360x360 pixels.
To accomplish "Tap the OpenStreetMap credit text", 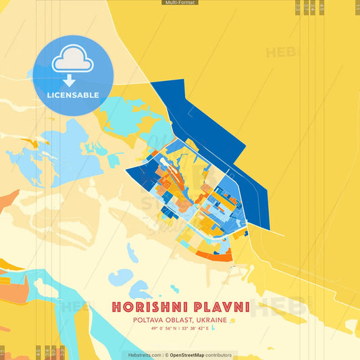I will [x=187, y=355].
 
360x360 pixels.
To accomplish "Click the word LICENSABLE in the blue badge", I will [x=73, y=95].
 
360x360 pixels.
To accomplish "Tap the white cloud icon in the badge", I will [x=73, y=60].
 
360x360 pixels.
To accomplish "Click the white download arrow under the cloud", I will [x=73, y=80].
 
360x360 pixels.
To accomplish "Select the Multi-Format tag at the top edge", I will [x=180, y=3].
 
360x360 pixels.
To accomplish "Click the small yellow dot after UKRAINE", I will [x=232, y=321].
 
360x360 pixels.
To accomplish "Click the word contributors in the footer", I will [x=219, y=355].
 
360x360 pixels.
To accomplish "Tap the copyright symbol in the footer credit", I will [x=166, y=355].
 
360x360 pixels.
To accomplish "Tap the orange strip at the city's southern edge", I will [x=217, y=256].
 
